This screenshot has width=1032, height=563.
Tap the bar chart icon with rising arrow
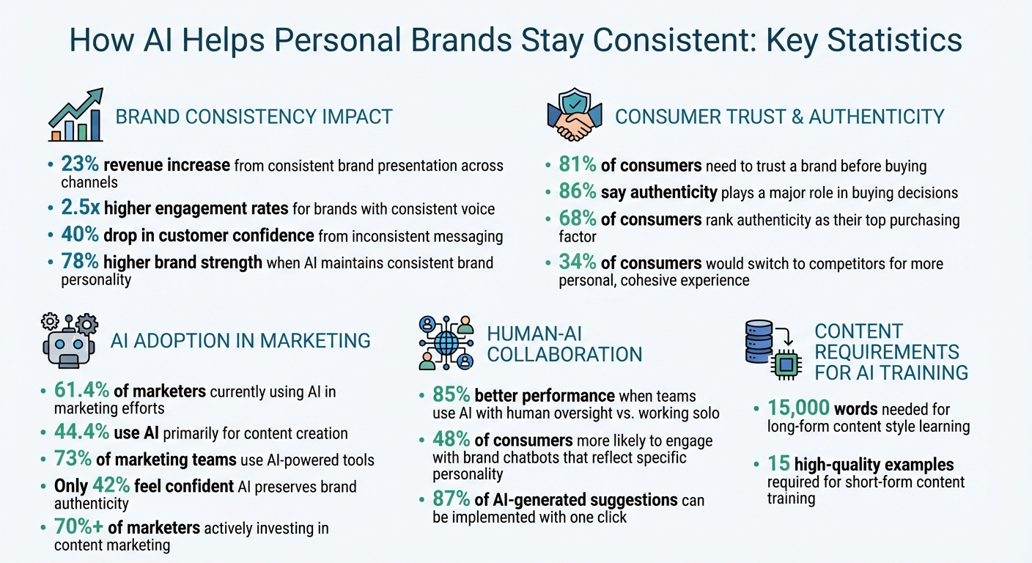click(76, 116)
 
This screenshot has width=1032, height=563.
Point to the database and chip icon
click(770, 349)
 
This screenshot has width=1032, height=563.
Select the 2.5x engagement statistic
click(80, 209)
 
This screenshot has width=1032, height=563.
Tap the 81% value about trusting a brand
click(577, 166)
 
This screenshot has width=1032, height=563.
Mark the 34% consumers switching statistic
click(577, 263)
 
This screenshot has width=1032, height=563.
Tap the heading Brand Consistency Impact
click(254, 117)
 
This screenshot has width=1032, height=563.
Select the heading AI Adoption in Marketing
click(240, 340)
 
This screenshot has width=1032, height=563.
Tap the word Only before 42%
click(70, 487)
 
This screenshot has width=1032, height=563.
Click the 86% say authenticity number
click(577, 193)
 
